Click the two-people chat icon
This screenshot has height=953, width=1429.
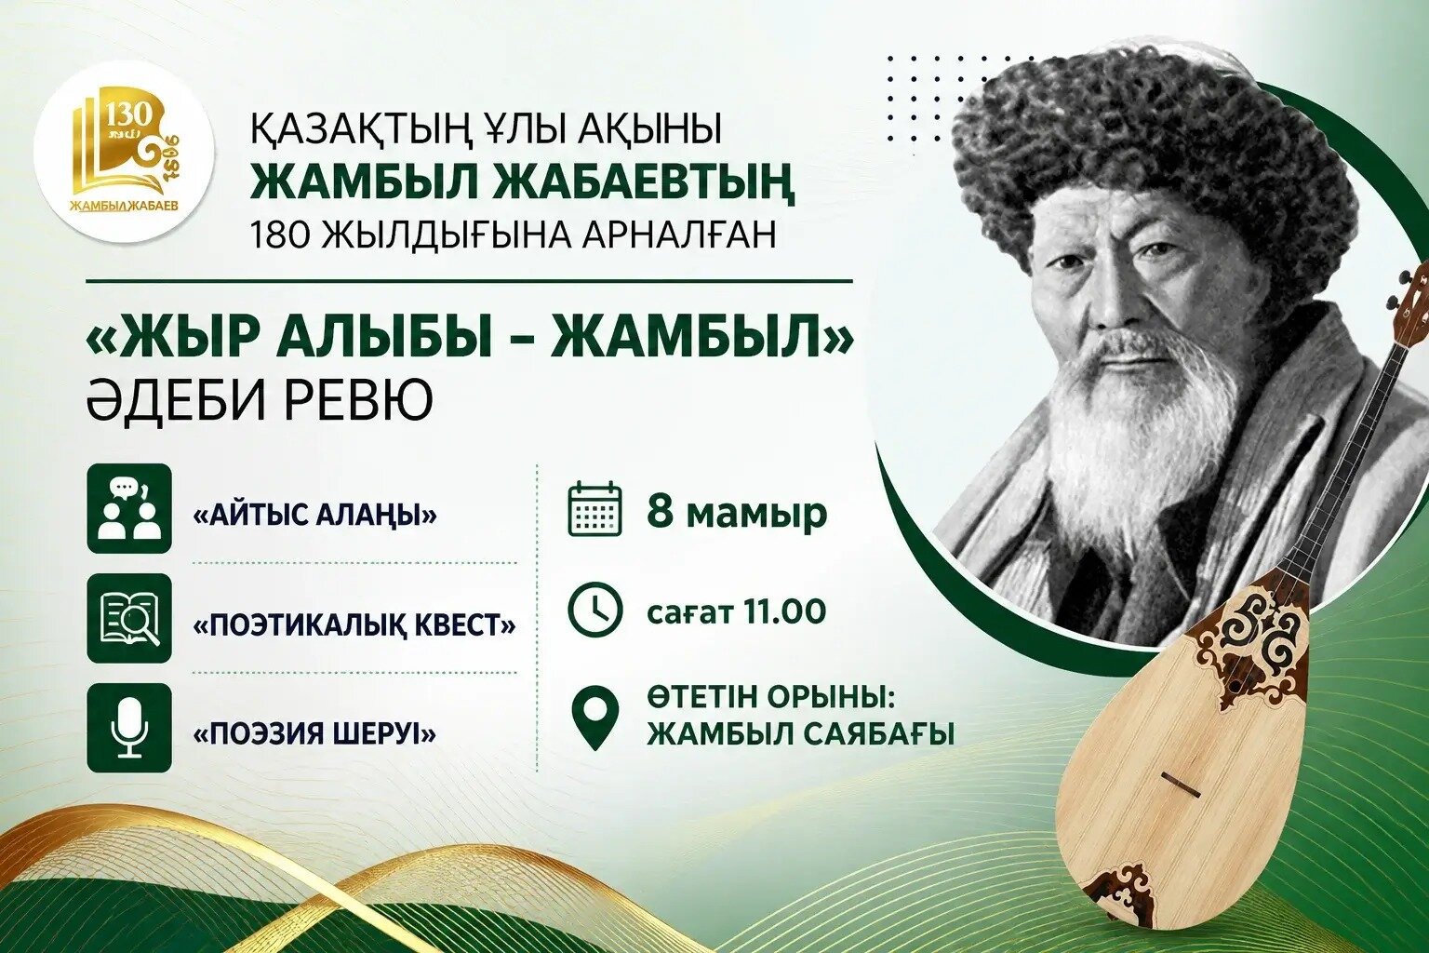pyautogui.click(x=129, y=507)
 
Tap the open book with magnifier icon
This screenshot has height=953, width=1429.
pyautogui.click(x=129, y=617)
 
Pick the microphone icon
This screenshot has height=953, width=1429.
pyautogui.click(x=129, y=727)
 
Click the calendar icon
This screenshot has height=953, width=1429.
pyautogui.click(x=594, y=509)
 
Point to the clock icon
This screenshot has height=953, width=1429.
pyautogui.click(x=594, y=611)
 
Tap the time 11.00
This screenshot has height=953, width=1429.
pyautogui.click(x=784, y=611)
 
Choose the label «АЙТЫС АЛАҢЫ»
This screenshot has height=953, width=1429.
pyautogui.click(x=314, y=515)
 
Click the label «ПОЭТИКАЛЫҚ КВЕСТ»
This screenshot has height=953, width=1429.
pyautogui.click(x=354, y=624)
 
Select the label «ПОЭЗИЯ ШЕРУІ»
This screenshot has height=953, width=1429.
pyautogui.click(x=314, y=734)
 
